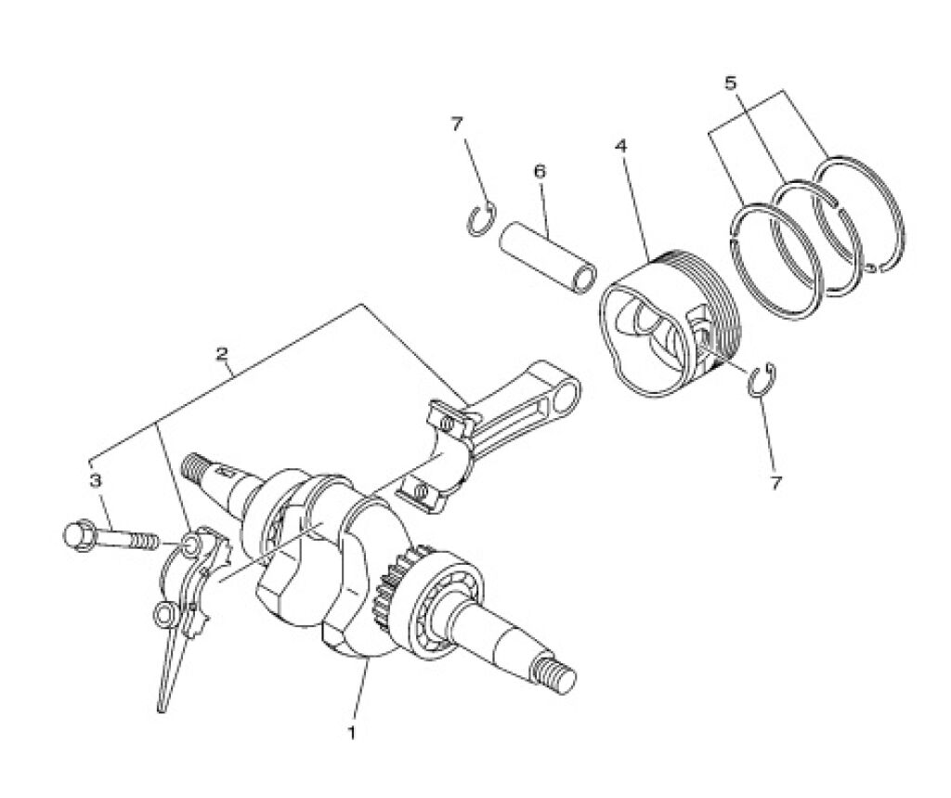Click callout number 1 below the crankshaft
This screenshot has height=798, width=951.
350,732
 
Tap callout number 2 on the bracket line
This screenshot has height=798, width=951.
223,353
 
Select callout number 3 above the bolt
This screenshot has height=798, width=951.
95,481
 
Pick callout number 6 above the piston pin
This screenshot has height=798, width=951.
540,173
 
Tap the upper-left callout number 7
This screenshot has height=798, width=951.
457,124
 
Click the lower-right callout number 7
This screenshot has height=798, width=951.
775,482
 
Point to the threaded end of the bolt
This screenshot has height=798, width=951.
146,540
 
